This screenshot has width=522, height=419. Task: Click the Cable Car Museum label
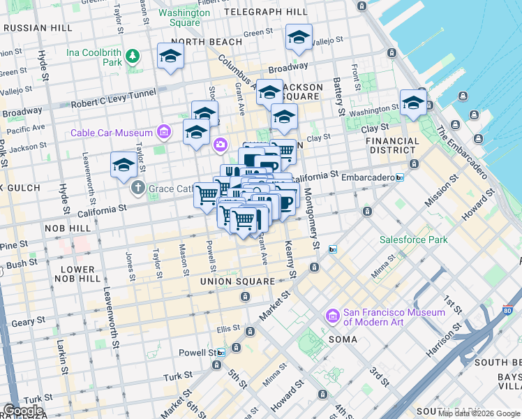click(112, 133)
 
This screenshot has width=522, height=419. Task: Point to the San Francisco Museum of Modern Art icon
click(332, 317)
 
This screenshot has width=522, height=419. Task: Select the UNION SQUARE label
click(237, 281)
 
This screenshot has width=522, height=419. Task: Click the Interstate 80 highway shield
click(507, 310)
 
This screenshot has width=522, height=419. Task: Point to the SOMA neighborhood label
click(343, 339)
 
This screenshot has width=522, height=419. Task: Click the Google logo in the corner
click(23, 410)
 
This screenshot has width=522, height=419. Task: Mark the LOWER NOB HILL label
click(77, 274)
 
